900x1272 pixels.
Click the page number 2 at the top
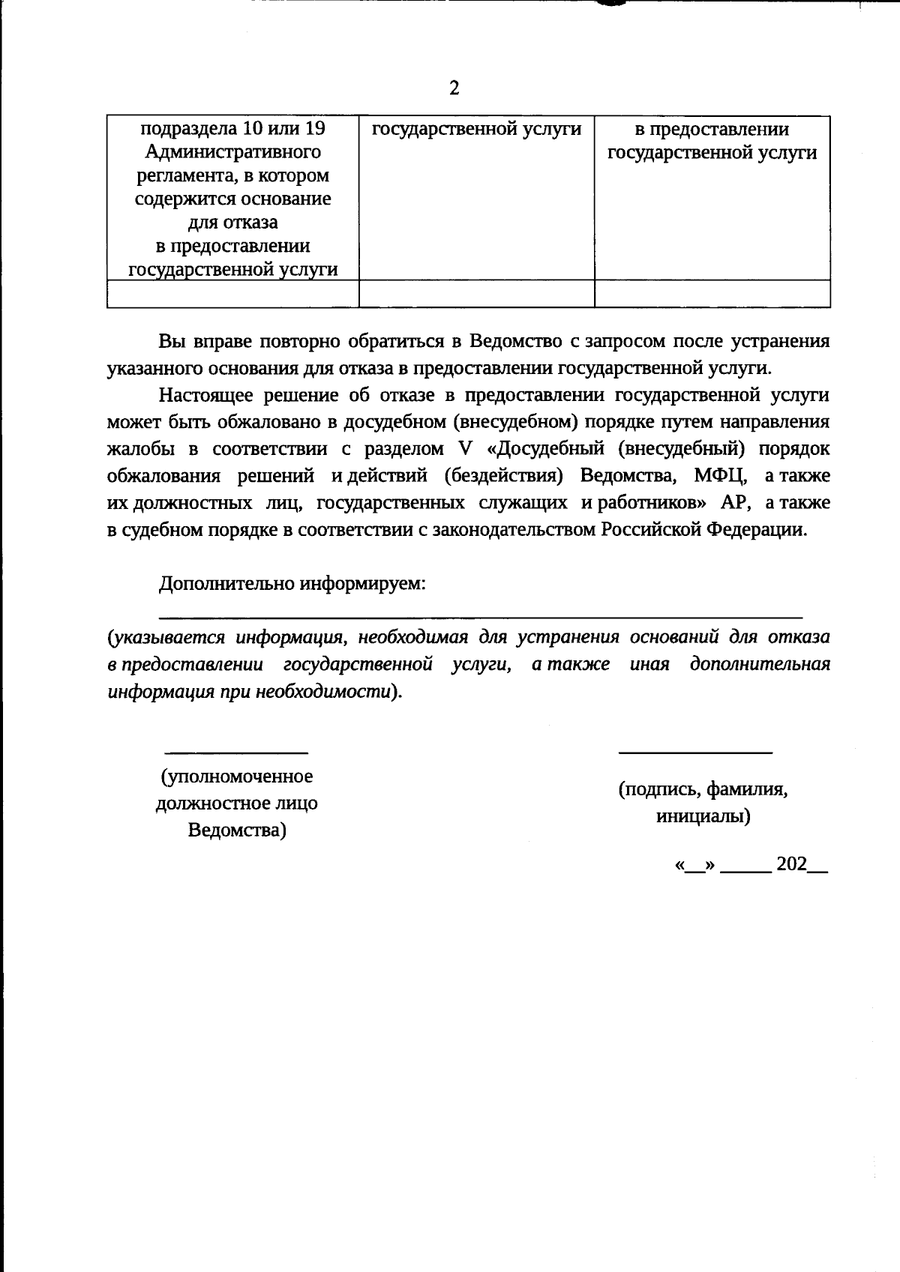[454, 88]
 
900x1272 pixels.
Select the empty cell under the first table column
[232, 293]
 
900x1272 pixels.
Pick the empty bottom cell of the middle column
[476, 293]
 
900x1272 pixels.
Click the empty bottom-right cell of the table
[712, 293]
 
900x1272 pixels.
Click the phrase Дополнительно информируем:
[292, 583]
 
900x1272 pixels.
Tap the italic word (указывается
[166, 637]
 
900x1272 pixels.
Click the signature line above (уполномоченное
[236, 752]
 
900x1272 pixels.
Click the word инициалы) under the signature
[703, 816]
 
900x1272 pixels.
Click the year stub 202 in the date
[791, 864]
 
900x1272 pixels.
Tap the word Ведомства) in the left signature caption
[236, 831]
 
